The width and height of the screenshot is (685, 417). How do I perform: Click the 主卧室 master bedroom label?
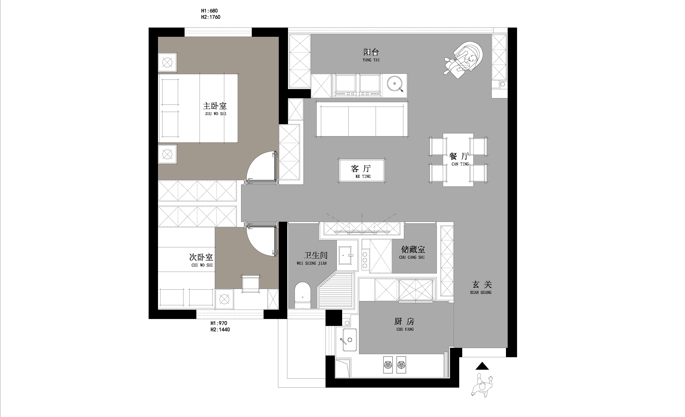[x=215, y=106]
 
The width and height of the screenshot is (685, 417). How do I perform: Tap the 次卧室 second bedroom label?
[x=201, y=257]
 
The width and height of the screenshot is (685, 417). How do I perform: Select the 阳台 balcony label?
[x=371, y=52]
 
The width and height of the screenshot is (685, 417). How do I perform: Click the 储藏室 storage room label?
[x=413, y=250]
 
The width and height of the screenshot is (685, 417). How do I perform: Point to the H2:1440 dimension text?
[x=220, y=330]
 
